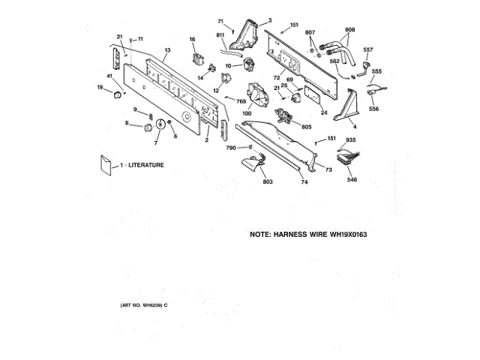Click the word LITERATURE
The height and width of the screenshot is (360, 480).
tap(145, 164)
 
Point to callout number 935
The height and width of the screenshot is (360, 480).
tap(350, 141)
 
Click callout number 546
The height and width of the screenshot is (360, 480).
tap(351, 180)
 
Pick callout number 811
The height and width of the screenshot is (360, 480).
tap(220, 35)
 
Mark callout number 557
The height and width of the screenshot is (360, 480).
tap(367, 50)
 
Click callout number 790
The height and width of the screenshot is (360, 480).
tap(231, 148)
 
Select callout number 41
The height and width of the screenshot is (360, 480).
tap(109, 76)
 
